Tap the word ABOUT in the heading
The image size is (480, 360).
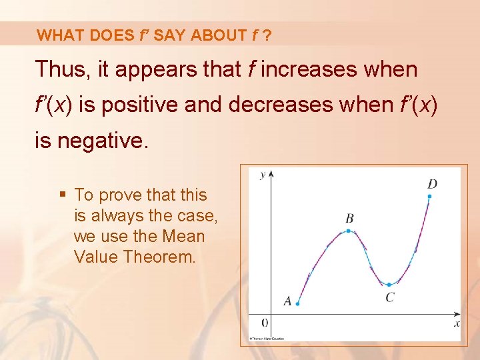pos(218,35)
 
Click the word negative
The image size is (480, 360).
pos(108,141)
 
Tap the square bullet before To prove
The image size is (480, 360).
pos(63,195)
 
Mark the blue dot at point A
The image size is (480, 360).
pos(297,304)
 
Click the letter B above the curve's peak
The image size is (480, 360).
pos(349,218)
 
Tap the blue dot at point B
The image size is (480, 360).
pos(348,231)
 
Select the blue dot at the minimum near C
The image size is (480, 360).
pos(389,284)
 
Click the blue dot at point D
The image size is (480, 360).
pos(430,196)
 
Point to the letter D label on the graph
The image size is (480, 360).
pos(432,183)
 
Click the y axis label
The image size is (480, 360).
pos(263,175)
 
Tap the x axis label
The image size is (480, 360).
pos(457,323)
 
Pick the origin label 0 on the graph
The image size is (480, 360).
pos(264,323)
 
